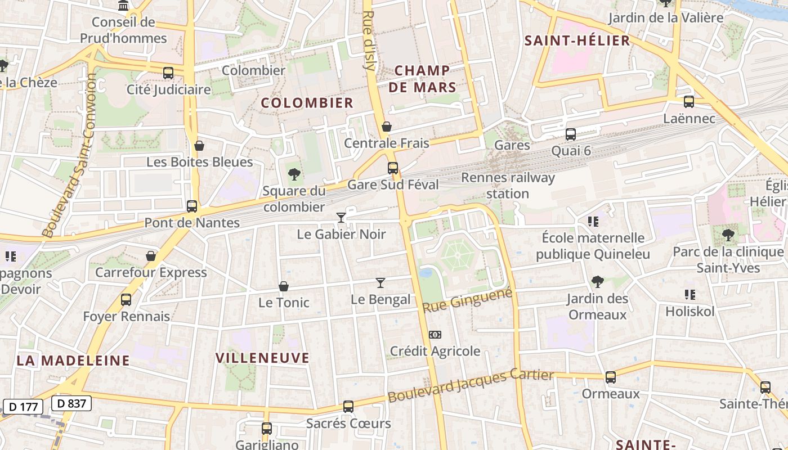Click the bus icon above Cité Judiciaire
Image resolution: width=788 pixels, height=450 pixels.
pos(168,73)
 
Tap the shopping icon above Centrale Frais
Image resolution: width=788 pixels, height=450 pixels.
pos(387,127)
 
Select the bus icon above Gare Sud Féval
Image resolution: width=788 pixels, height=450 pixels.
pos(393,168)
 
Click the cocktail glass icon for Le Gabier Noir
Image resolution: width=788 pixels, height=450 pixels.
pos(341,217)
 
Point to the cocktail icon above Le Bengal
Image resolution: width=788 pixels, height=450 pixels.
pos(380,282)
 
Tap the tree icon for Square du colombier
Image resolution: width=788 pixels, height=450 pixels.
pos(293,174)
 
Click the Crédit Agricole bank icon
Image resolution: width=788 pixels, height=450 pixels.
pos(435,335)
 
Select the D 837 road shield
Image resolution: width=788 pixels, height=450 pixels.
pos(71,403)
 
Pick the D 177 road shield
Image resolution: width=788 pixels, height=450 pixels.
pos(23,406)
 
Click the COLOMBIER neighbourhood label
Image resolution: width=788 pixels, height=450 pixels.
pos(307,103)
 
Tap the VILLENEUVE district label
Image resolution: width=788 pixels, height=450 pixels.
pos(263,358)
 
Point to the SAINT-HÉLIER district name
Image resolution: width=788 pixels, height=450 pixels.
pos(577,40)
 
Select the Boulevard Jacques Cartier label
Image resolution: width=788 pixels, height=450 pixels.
pos(471,385)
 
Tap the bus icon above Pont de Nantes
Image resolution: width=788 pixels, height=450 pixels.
pos(192,206)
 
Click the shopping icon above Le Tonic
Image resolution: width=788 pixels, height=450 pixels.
pos(284,286)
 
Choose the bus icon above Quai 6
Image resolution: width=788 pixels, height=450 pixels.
pos(571,134)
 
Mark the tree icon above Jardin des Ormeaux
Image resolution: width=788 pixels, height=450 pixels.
pos(597,281)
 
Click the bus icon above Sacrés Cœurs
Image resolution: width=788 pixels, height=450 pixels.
pos(348,407)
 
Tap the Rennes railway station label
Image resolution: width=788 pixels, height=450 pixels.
pos(508,186)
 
